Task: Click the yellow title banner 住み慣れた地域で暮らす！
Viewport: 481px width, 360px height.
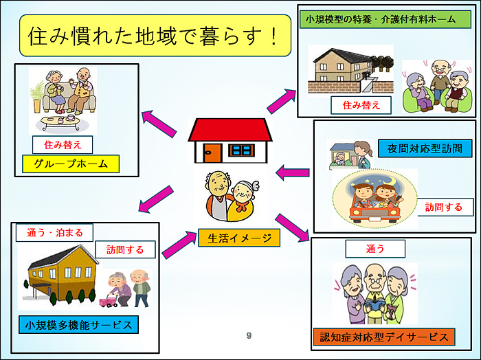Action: click(155, 35)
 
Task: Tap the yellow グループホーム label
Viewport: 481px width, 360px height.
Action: click(71, 164)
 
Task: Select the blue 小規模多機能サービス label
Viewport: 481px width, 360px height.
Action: click(78, 325)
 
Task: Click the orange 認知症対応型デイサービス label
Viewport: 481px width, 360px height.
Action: click(384, 337)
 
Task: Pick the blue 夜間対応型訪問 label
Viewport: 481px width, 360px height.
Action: click(425, 148)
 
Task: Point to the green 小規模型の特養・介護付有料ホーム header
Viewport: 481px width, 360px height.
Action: click(385, 20)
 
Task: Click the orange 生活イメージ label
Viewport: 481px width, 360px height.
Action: click(239, 238)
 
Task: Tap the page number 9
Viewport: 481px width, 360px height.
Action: click(249, 335)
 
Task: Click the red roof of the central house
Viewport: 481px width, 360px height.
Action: click(230, 130)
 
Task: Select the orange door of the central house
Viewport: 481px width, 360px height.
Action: click(212, 153)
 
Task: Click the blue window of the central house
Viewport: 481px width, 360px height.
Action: click(242, 150)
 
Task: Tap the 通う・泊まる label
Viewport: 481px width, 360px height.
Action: click(54, 233)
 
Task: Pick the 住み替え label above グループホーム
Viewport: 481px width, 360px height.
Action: click(63, 145)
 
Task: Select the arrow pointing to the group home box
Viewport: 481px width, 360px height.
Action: click(159, 124)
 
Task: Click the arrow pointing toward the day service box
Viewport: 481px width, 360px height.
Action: click(292, 227)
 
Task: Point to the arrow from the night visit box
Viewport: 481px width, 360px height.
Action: click(292, 172)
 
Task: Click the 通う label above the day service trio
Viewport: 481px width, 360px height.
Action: click(375, 249)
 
